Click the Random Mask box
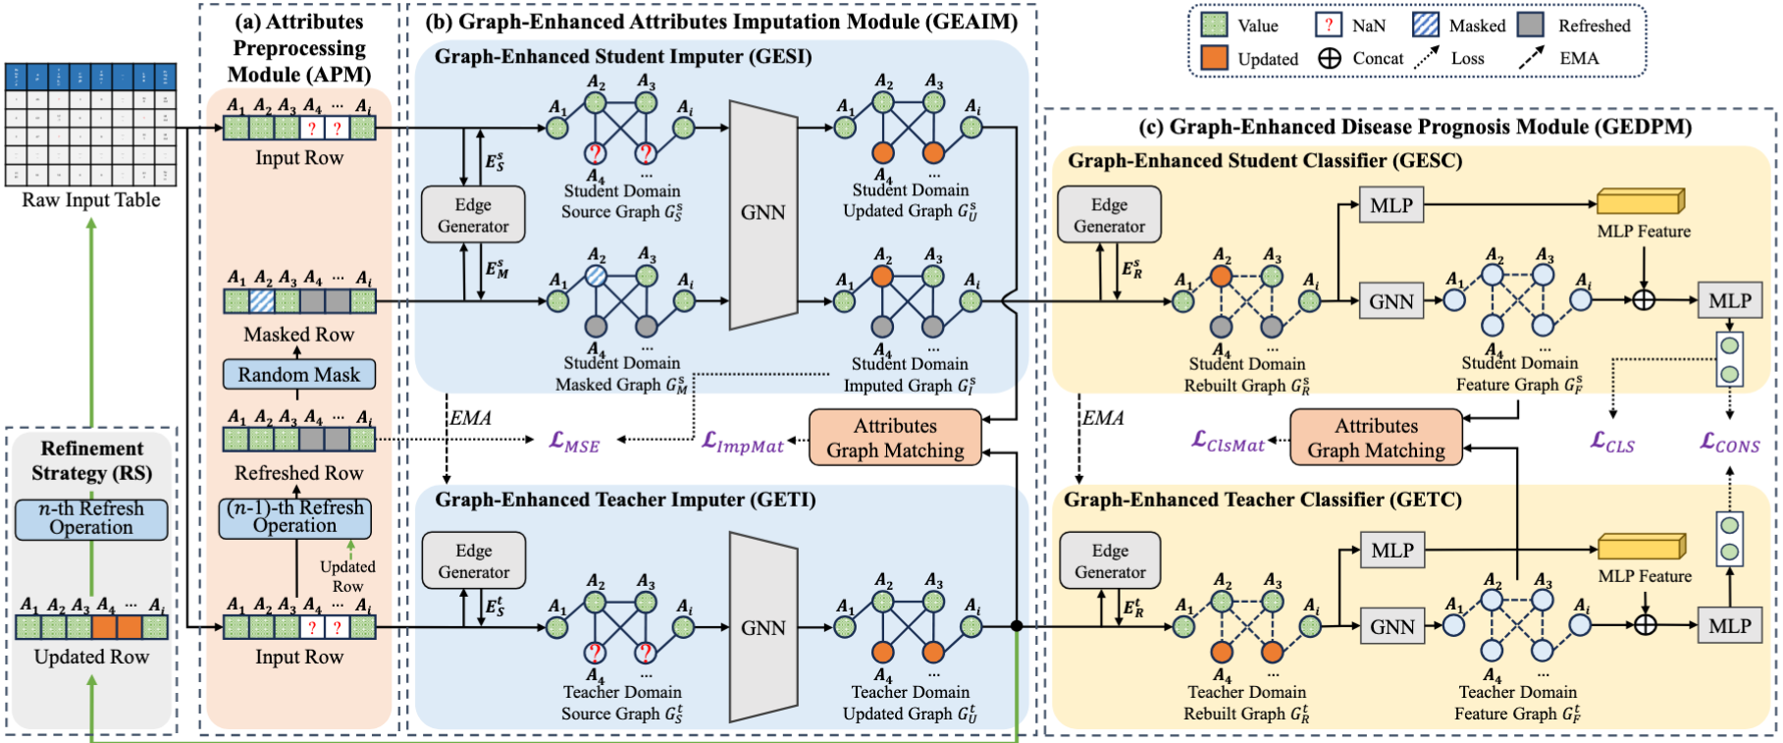[x=298, y=375]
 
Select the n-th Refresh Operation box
[x=91, y=518]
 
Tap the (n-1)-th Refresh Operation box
[x=295, y=517]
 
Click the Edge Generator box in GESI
[x=473, y=215]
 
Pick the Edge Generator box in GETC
[x=1110, y=561]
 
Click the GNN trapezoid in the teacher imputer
[x=762, y=628]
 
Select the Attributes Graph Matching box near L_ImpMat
[x=895, y=438]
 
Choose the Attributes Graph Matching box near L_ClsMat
[x=1376, y=438]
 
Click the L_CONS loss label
[x=1730, y=444]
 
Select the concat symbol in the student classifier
[x=1644, y=299]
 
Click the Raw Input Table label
[x=91, y=200]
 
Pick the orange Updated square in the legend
[x=1214, y=58]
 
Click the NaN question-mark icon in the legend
[x=1328, y=26]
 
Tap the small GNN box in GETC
[x=1391, y=626]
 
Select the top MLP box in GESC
[x=1391, y=206]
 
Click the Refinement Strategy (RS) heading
[x=91, y=460]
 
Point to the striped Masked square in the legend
[x=1426, y=26]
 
